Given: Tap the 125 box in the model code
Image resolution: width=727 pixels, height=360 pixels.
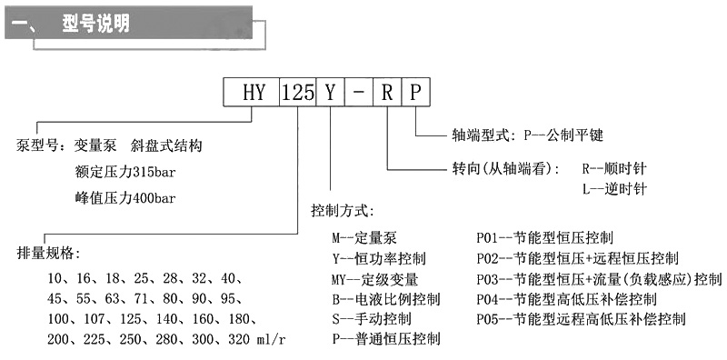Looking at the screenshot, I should [x=296, y=93].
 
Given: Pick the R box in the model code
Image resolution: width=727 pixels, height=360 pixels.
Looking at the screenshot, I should [x=387, y=93].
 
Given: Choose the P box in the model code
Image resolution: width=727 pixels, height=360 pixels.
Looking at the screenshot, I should [x=414, y=93].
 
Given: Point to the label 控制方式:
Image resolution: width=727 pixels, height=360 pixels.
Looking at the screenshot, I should [x=342, y=211].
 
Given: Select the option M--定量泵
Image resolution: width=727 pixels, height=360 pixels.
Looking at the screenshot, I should [x=364, y=239].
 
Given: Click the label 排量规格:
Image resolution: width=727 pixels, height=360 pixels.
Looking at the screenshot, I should [x=55, y=252].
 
